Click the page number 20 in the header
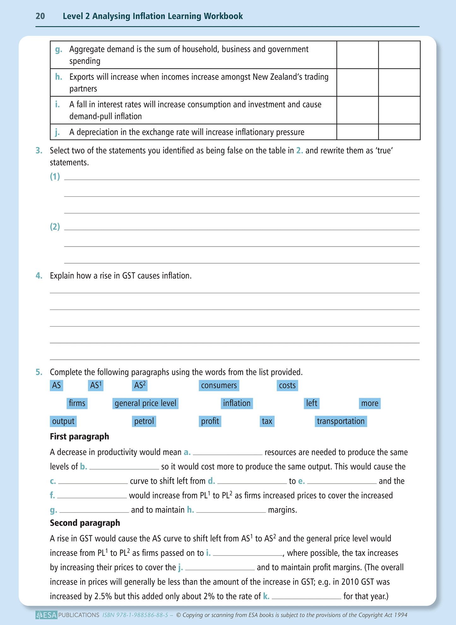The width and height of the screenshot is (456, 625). pyautogui.click(x=40, y=16)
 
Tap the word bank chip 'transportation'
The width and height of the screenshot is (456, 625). pyautogui.click(x=341, y=421)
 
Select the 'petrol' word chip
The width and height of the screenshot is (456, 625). pyautogui.click(x=144, y=421)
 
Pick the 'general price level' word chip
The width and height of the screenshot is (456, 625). pyautogui.click(x=145, y=404)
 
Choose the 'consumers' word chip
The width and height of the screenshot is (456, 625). pyautogui.click(x=219, y=385)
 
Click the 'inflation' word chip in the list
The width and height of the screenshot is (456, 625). pyautogui.click(x=237, y=404)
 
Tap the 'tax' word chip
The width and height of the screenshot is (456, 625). pyautogui.click(x=267, y=421)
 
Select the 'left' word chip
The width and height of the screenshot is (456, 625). pyautogui.click(x=311, y=404)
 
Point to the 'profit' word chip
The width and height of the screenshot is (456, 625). pyautogui.click(x=210, y=421)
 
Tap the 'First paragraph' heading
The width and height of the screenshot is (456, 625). pyautogui.click(x=80, y=437)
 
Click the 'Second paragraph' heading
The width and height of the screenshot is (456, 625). pyautogui.click(x=85, y=523)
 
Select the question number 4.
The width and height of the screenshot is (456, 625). pyautogui.click(x=39, y=276)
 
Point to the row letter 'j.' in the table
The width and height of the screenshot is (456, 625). pyautogui.click(x=57, y=132)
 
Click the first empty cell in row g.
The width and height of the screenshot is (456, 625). pyautogui.click(x=357, y=55)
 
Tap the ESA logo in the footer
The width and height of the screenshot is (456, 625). pyautogui.click(x=46, y=615)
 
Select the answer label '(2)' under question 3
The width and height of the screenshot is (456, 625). pyautogui.click(x=55, y=227)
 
